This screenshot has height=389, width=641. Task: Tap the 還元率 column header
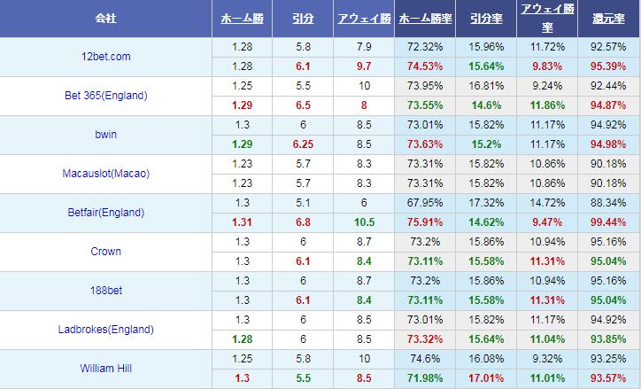608,19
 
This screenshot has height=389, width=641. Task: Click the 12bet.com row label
105,57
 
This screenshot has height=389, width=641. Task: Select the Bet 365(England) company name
105,96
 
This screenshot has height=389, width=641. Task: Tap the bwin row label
105,135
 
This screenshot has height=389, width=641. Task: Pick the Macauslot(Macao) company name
105,174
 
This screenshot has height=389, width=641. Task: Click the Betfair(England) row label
105,213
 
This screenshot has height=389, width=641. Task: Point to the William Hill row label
105,369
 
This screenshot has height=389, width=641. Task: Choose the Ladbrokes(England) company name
105,330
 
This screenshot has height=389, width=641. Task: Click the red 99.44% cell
608,222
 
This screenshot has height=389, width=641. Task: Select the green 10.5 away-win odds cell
364,222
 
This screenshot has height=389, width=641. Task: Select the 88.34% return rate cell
608,203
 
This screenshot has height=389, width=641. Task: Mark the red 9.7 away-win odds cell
364,66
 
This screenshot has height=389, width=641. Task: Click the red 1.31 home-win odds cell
242,222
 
